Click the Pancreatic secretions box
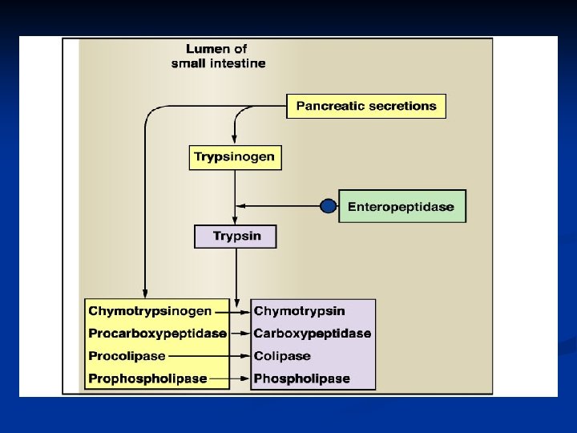pyautogui.click(x=366, y=106)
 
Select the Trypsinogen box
pyautogui.click(x=235, y=156)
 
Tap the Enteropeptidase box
pyautogui.click(x=401, y=207)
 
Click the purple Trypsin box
pyautogui.click(x=235, y=237)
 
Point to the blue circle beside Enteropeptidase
pyautogui.click(x=328, y=207)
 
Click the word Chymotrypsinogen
pyautogui.click(x=150, y=311)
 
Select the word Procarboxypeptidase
pyautogui.click(x=157, y=333)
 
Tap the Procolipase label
pyautogui.click(x=127, y=355)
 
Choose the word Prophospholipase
pyautogui.click(x=147, y=378)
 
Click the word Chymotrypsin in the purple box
pyautogui.click(x=299, y=311)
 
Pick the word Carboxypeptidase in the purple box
pyautogui.click(x=312, y=333)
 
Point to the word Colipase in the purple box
pyautogui.click(x=281, y=355)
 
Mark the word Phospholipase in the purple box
pyautogui.click(x=301, y=378)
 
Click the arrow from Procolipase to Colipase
pyautogui.click(x=208, y=355)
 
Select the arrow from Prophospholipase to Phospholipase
pyautogui.click(x=229, y=378)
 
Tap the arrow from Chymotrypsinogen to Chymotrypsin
pyautogui.click(x=232, y=311)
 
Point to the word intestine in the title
pyautogui.click(x=237, y=63)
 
